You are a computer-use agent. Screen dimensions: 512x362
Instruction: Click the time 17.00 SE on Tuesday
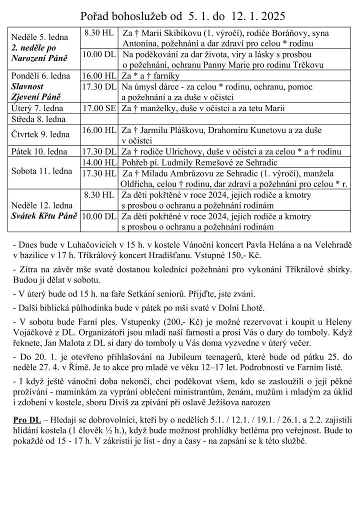click(99, 108)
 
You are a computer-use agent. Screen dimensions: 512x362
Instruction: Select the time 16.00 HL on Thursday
click(99, 130)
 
